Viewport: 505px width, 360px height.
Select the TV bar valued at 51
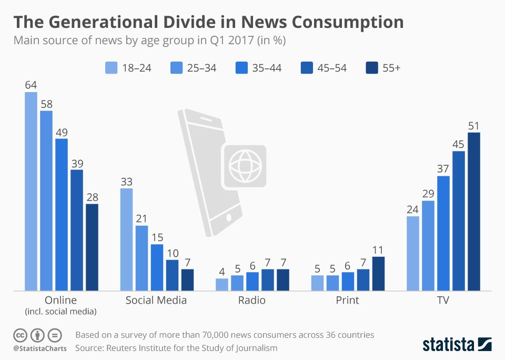[474, 211]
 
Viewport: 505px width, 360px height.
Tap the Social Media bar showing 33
[126, 239]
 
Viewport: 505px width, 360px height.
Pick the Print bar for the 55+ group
[378, 273]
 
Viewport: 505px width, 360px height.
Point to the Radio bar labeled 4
[222, 284]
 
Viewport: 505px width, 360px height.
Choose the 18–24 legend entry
[128, 67]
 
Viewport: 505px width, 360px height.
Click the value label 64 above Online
[31, 85]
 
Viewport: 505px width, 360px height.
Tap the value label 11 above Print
[378, 249]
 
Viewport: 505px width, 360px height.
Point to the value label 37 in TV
[443, 168]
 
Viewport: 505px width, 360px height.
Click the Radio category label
[252, 301]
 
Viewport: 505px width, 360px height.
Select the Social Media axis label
[156, 301]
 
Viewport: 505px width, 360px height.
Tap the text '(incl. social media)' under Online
[60, 312]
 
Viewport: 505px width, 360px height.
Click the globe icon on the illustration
[245, 166]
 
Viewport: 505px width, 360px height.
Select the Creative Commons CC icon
[20, 335]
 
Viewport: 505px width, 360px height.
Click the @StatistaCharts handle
[40, 348]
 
